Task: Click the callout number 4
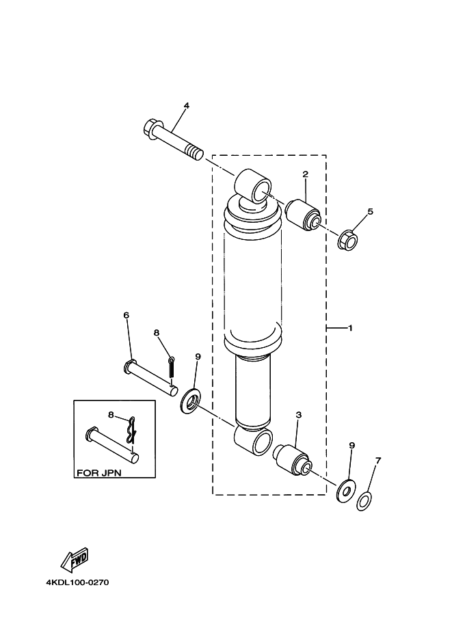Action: tap(185, 106)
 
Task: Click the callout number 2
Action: tap(306, 174)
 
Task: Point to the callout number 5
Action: tap(370, 211)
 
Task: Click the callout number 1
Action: tap(350, 329)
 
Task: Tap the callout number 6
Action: tap(126, 315)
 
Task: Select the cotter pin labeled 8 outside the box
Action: tap(172, 366)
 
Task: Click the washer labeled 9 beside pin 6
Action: tap(190, 402)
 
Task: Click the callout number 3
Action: tap(298, 415)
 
